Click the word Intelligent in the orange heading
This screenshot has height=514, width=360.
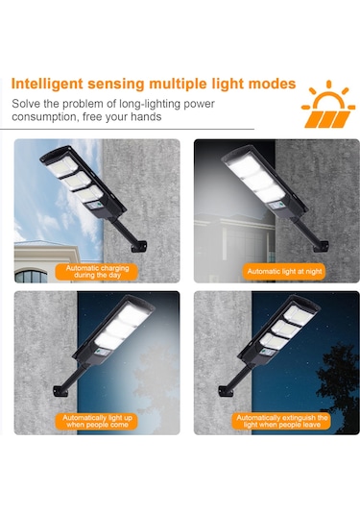pyautogui.click(x=47, y=85)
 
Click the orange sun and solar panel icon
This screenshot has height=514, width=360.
pyautogui.click(x=328, y=105)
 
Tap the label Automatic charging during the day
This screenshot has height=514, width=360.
pyautogui.click(x=97, y=272)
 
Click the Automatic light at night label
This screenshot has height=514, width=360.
pyautogui.click(x=284, y=272)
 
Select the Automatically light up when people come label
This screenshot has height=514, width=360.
pyautogui.click(x=97, y=421)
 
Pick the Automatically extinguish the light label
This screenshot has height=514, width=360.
pyautogui.click(x=282, y=421)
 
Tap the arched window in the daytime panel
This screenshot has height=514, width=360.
pyautogui.click(x=31, y=276)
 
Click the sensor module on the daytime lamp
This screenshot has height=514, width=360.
pyautogui.click(x=96, y=207)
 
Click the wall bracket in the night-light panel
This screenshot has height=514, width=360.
pyautogui.click(x=321, y=247)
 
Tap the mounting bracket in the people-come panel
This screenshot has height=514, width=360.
pyautogui.click(x=60, y=391)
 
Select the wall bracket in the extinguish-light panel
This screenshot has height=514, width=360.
pyautogui.click(x=226, y=391)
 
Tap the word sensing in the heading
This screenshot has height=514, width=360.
pyautogui.click(x=115, y=85)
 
